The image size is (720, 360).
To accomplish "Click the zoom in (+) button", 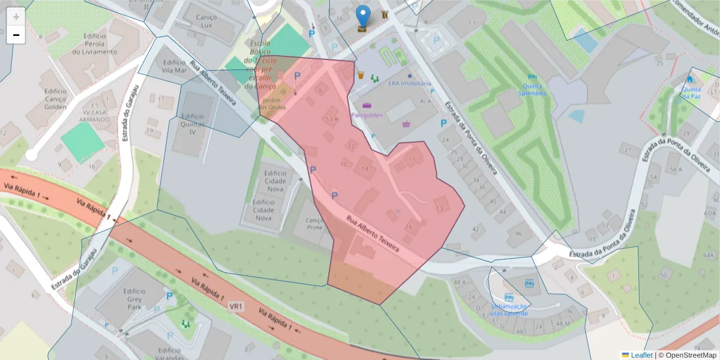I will [x=16, y=17].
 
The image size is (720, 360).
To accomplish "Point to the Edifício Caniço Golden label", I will [x=55, y=99].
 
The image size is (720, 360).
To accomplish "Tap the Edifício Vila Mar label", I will [x=174, y=66].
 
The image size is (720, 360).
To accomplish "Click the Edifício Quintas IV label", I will [x=192, y=124].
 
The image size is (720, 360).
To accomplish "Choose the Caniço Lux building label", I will [x=206, y=22].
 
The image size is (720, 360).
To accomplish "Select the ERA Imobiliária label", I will [x=409, y=84].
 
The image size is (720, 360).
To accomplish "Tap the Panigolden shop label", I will [x=367, y=114].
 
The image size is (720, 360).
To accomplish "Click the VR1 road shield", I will [x=236, y=307].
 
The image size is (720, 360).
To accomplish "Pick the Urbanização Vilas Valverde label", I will [x=509, y=310].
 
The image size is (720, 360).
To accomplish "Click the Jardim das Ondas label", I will [x=272, y=103].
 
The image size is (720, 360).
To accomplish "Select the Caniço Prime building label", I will [x=314, y=224].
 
